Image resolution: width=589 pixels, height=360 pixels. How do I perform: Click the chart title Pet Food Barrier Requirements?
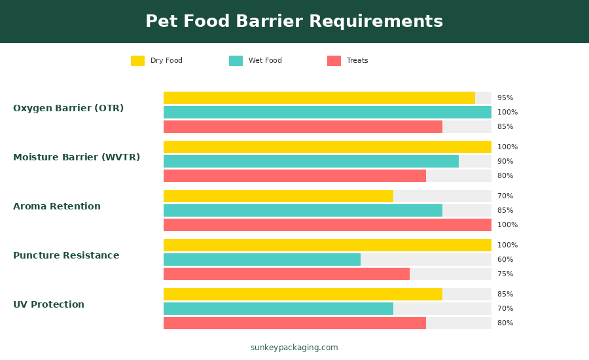(x=294, y=22)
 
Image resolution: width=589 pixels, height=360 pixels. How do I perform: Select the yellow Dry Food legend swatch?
(x=137, y=61)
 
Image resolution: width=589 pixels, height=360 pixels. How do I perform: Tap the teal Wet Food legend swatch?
(x=236, y=61)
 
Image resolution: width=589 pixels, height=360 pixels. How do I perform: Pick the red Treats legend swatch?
(x=334, y=61)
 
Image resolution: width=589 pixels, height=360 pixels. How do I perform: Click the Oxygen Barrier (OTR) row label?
(x=68, y=109)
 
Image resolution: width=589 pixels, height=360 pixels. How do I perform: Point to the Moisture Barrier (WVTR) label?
(x=77, y=158)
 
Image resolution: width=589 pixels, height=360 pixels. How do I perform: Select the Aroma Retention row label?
(x=57, y=207)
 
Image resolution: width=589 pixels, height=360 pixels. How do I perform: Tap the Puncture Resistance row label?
(x=66, y=256)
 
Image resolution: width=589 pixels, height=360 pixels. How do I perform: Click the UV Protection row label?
(x=48, y=305)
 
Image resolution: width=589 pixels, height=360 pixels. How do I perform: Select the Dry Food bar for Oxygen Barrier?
(x=319, y=98)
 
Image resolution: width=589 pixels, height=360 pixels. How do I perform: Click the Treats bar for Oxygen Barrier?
(x=302, y=127)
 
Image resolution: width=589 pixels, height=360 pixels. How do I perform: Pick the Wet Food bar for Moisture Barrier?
(x=311, y=162)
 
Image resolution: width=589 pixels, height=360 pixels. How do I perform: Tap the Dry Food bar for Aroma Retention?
(x=278, y=196)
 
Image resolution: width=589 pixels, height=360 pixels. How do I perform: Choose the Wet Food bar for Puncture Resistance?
(x=262, y=260)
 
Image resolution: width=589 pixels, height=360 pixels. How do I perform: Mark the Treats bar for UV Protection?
(x=294, y=323)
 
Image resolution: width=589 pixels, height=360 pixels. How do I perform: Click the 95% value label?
(x=505, y=98)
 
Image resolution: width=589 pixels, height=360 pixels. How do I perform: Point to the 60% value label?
(x=505, y=260)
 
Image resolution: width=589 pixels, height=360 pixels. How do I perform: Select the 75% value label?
(x=505, y=274)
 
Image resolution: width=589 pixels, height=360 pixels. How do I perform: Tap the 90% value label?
(x=505, y=162)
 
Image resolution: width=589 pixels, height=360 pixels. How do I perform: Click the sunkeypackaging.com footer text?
(x=294, y=348)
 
